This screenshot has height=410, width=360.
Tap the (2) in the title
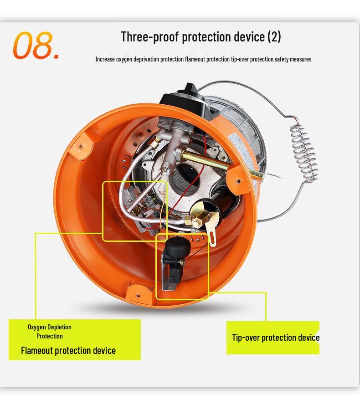274,36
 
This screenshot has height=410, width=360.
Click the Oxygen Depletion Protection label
50,332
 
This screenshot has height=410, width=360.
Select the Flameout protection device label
68,350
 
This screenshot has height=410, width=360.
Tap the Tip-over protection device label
275,338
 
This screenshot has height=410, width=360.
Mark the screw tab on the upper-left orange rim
81,146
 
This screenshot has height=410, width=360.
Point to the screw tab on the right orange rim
237,174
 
